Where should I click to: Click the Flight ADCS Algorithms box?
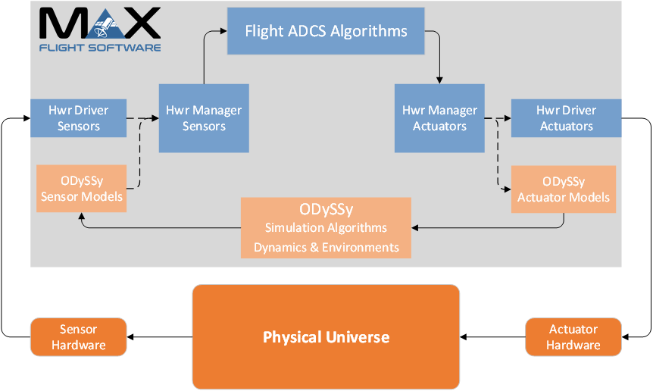click(x=326, y=31)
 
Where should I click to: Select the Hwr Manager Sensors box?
click(x=204, y=117)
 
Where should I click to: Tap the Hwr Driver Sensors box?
click(x=78, y=117)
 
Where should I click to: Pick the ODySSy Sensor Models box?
click(x=81, y=189)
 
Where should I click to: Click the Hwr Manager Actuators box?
click(x=439, y=117)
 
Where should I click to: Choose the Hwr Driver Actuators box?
click(x=566, y=117)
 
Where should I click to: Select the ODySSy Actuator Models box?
click(x=563, y=189)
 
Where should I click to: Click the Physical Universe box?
click(x=326, y=336)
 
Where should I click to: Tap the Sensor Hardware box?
click(x=78, y=336)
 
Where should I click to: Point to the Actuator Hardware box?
click(x=573, y=336)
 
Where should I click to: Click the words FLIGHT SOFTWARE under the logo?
click(x=100, y=47)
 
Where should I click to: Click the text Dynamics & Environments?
click(x=326, y=247)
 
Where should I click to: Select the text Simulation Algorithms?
click(x=326, y=227)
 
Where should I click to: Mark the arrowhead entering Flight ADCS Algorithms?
click(x=223, y=31)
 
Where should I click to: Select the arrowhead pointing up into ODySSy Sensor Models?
click(x=81, y=216)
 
